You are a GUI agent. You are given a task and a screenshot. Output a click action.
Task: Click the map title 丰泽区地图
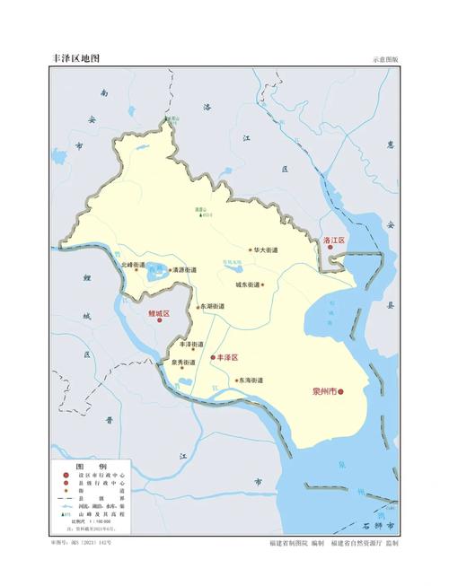click(x=76, y=58)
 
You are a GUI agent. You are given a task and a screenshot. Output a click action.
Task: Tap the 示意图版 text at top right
click(x=385, y=60)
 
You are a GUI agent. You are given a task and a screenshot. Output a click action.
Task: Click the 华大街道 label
click(x=265, y=249)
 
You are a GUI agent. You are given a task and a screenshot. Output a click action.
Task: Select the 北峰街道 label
click(x=132, y=265)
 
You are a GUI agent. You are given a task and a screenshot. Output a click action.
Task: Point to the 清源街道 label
click(x=185, y=269)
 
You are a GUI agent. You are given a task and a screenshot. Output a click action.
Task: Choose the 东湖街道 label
click(x=213, y=306)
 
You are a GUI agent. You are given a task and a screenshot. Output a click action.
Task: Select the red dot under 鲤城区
click(x=160, y=319)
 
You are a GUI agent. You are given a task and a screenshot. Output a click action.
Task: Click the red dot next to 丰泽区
click(x=213, y=357)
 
